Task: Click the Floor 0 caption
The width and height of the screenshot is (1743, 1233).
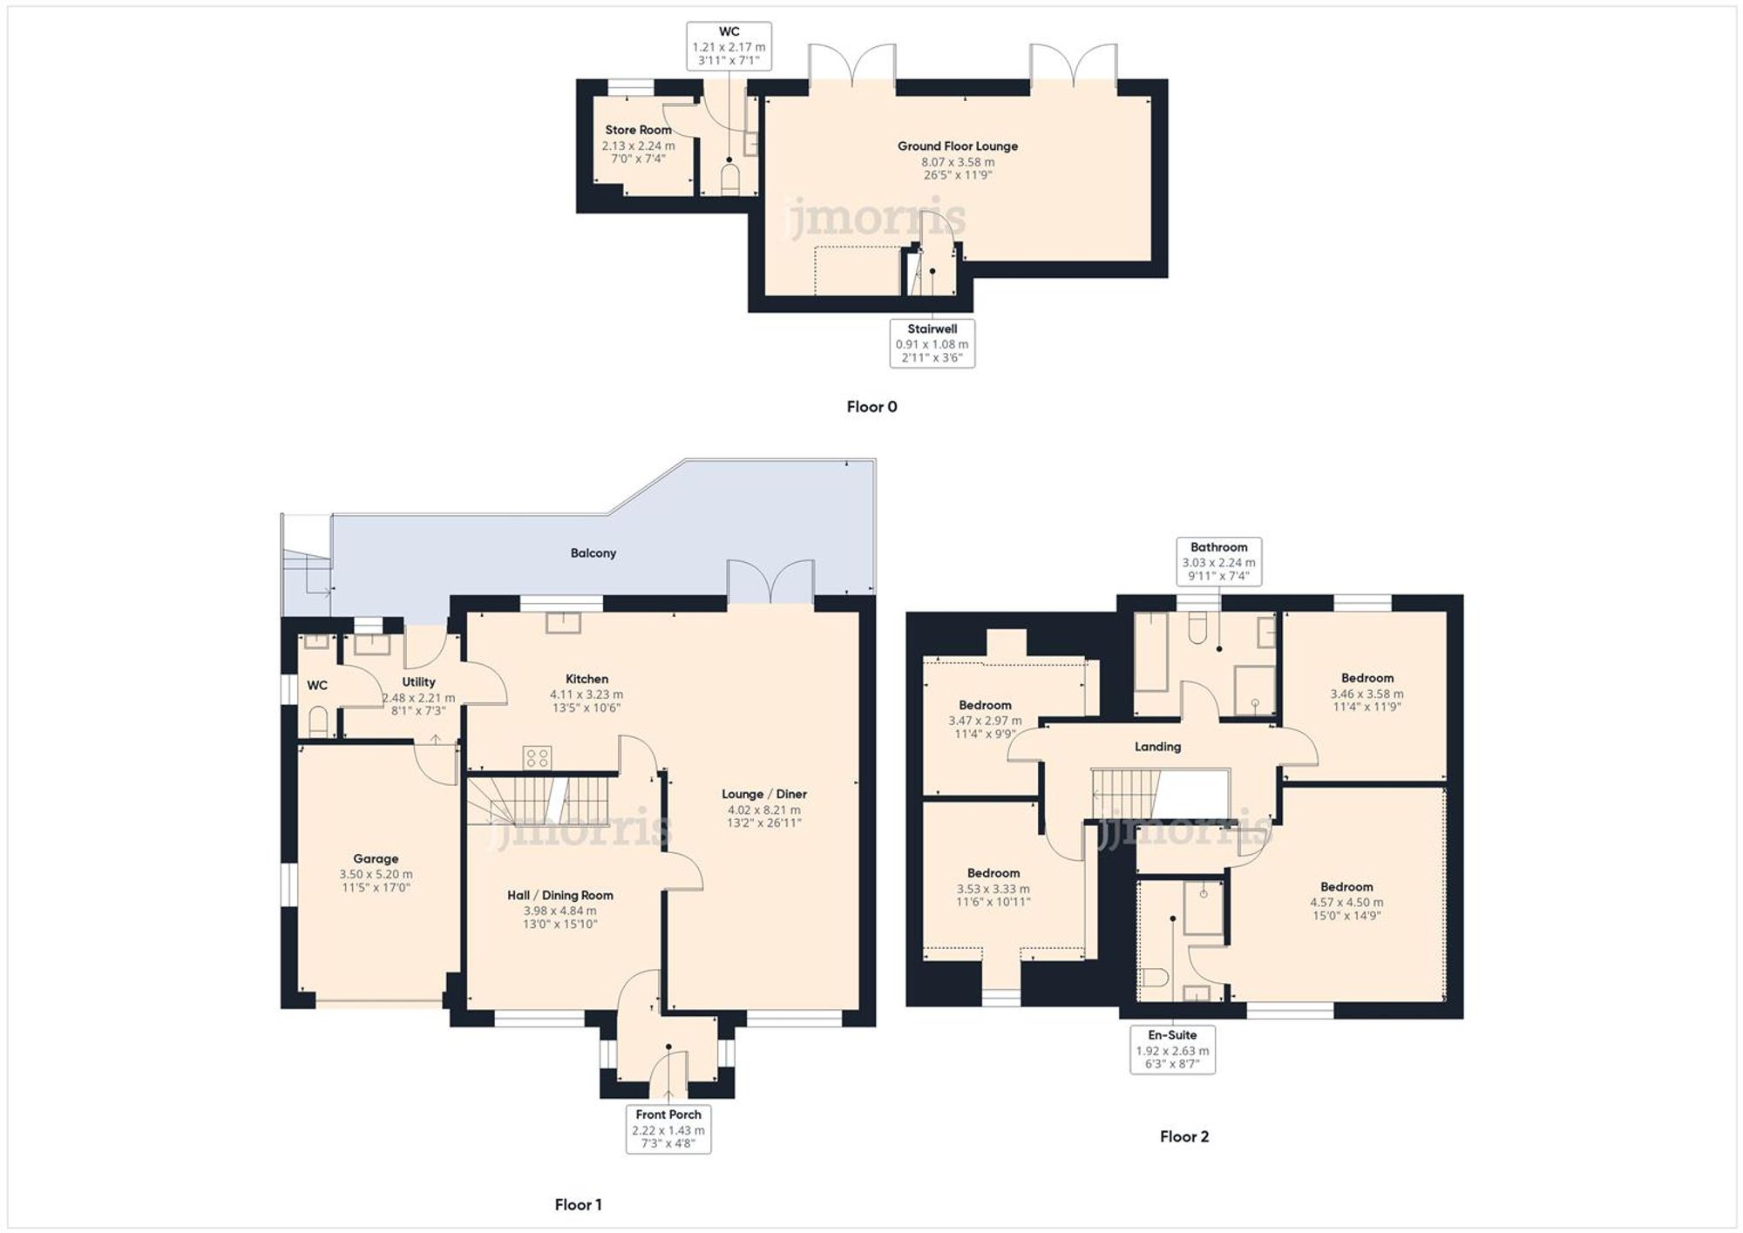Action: (x=871, y=407)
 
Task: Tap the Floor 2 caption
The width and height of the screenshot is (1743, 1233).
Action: (x=1183, y=1136)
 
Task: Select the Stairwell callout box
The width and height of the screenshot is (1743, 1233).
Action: (x=932, y=342)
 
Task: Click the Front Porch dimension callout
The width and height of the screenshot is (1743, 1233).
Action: (x=668, y=1129)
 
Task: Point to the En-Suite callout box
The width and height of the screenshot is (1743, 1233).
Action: (x=1172, y=1049)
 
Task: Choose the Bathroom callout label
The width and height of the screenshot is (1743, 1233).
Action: (x=1218, y=561)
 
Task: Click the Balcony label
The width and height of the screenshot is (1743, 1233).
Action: (x=593, y=553)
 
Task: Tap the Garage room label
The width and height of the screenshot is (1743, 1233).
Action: (x=376, y=858)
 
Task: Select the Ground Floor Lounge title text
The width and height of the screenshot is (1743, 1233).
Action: (x=958, y=146)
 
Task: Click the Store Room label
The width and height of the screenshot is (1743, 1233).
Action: (x=638, y=130)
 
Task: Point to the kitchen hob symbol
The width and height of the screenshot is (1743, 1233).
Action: (x=537, y=757)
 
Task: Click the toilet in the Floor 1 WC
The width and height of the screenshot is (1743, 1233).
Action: (x=318, y=722)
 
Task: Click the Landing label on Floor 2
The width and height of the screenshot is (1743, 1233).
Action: (x=1157, y=747)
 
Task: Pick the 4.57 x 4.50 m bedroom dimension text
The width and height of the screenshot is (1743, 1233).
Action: (x=1346, y=903)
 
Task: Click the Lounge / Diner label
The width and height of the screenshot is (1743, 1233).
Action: (x=763, y=794)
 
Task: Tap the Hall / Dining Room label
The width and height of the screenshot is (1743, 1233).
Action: (x=560, y=895)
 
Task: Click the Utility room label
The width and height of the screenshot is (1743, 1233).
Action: (x=418, y=682)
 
